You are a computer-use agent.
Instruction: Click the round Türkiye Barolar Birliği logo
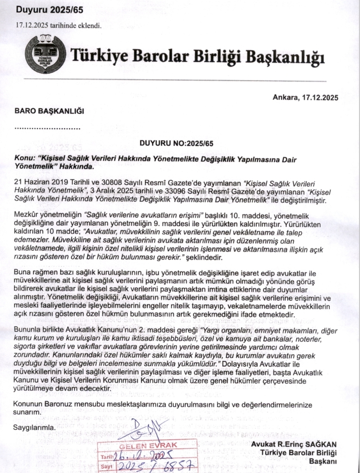tap(46, 54)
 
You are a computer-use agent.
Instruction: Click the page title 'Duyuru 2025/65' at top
tap(50, 10)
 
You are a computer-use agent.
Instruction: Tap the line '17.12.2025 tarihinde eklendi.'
tap(58, 25)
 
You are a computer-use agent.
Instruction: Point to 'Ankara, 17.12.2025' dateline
tap(305, 97)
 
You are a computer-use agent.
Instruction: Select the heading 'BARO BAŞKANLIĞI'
tap(49, 111)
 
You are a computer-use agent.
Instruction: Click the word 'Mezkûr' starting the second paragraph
tap(25, 214)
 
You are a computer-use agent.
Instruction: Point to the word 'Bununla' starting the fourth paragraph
tap(25, 330)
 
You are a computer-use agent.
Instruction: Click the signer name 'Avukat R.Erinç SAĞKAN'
tap(294, 445)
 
